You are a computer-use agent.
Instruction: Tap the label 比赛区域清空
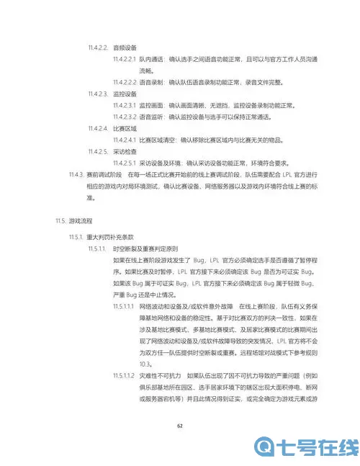click(157, 140)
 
